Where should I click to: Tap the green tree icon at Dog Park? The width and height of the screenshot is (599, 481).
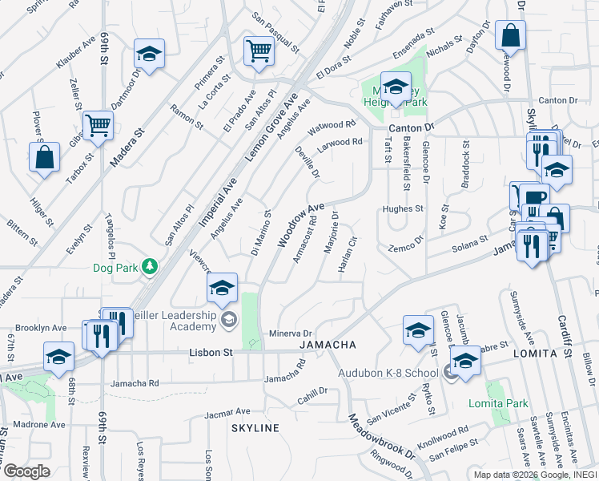click(x=148, y=265)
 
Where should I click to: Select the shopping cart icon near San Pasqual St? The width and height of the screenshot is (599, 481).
click(x=259, y=52)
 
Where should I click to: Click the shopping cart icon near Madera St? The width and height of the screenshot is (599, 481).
click(x=98, y=125)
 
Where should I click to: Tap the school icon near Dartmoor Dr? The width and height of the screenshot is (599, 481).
click(x=148, y=54)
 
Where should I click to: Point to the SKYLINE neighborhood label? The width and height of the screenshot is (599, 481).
click(x=255, y=428)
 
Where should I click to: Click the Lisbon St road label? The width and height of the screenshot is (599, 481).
click(x=211, y=352)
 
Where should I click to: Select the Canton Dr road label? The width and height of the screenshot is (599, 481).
click(x=411, y=128)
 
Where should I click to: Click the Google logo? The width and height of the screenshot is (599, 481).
click(x=26, y=472)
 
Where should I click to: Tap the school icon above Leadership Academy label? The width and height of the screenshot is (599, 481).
click(x=222, y=289)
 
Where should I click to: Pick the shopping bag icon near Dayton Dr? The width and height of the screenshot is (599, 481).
click(x=510, y=37)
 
